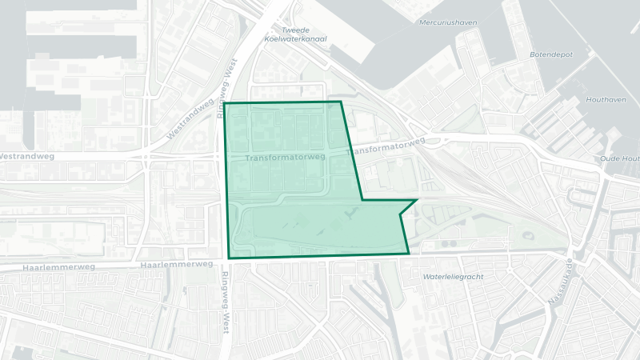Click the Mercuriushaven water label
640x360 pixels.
(447, 22)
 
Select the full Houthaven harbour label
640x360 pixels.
(604, 99)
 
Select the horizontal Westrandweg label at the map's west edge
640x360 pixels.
(26, 156)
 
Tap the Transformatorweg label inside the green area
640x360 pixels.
(286, 158)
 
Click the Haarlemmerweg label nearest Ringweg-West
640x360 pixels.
(176, 264)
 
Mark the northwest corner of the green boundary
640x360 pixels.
(224, 103)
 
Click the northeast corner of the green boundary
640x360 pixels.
(341, 102)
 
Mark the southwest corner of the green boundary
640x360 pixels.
(229, 258)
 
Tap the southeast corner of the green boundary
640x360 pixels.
(409, 254)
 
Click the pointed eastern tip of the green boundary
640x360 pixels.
(417, 200)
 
